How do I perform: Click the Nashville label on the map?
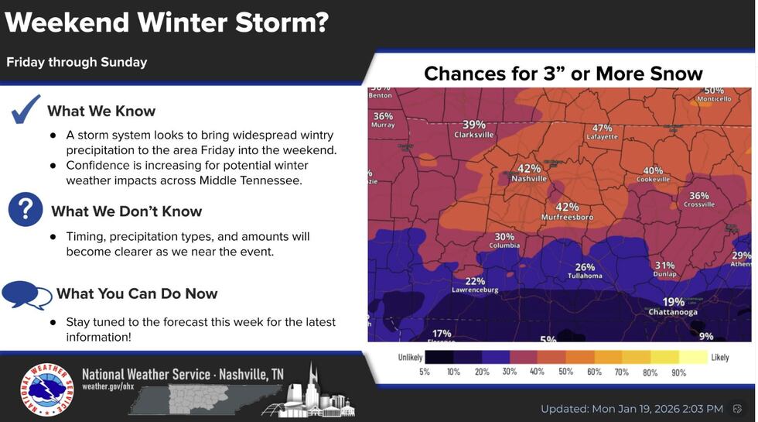(529, 179)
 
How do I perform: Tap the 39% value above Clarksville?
(474, 125)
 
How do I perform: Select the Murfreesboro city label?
(568, 218)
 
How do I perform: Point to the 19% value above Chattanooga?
(673, 302)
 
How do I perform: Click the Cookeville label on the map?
(653, 180)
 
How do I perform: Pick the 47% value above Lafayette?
(602, 128)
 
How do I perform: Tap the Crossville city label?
(699, 205)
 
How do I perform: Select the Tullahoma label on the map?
(585, 276)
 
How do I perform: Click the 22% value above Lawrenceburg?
(475, 281)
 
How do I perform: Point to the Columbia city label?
(504, 246)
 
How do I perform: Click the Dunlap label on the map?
(664, 274)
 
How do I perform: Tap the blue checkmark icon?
(26, 109)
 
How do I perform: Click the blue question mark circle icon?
(26, 210)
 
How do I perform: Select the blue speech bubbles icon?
(26, 293)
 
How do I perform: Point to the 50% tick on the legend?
(565, 372)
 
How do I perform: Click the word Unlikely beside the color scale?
(410, 358)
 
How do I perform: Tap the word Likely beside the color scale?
(720, 358)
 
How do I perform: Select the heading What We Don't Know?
(126, 211)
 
